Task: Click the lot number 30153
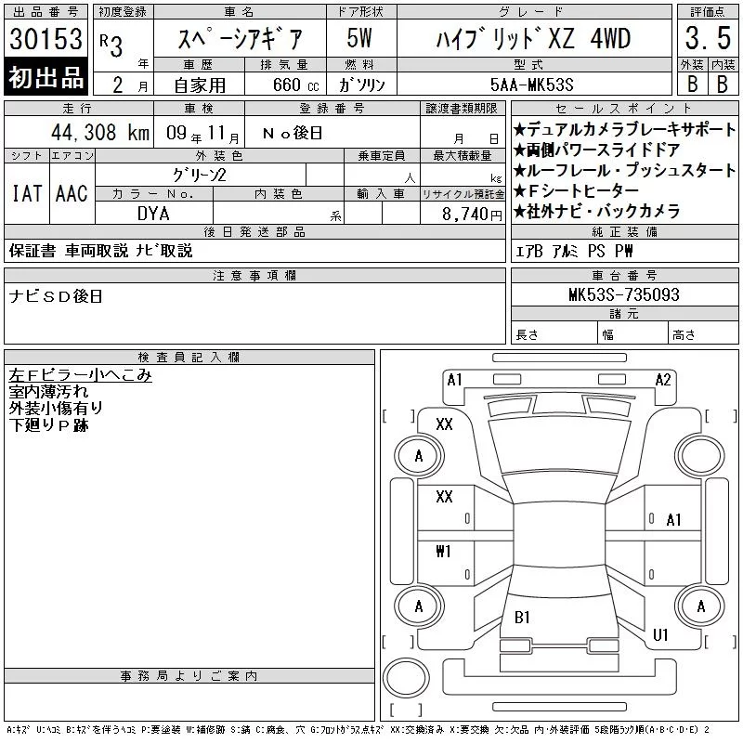46,39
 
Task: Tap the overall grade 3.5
708,38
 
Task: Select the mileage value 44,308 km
100,132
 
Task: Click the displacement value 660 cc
295,85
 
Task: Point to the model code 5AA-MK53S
531,85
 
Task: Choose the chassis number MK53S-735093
623,294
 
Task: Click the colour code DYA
153,214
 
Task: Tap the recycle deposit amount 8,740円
472,215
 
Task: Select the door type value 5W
359,38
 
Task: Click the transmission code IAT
27,193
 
